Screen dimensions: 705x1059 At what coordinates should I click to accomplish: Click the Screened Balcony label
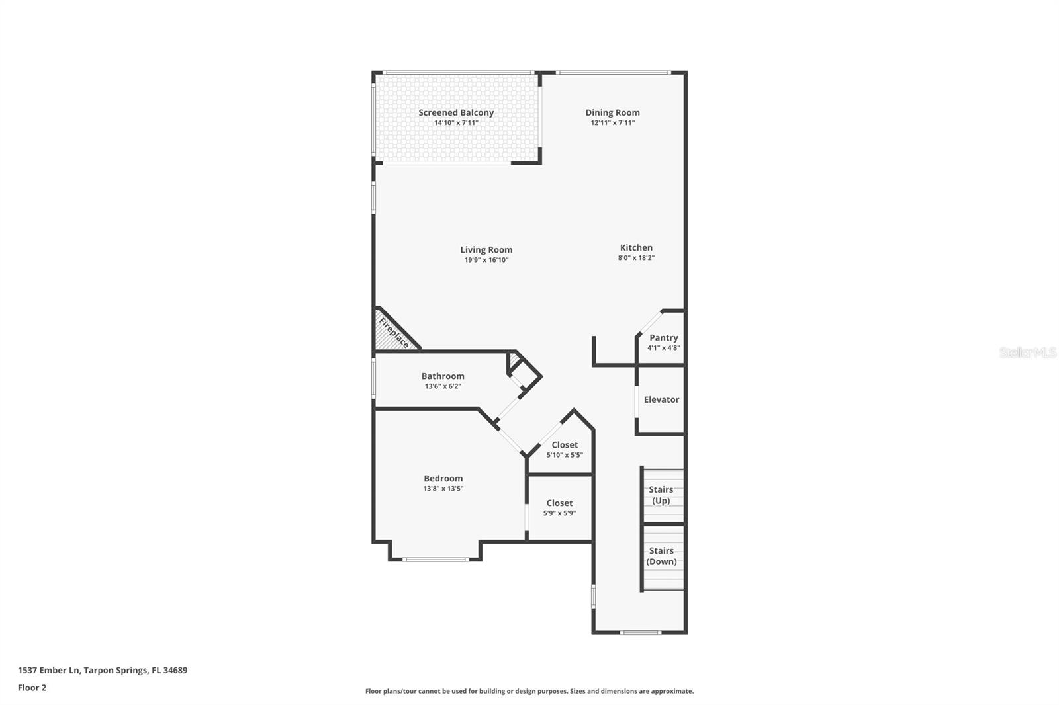[456, 112]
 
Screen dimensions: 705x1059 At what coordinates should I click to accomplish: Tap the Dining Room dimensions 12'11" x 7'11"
[612, 123]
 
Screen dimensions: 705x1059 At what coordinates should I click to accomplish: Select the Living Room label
[486, 249]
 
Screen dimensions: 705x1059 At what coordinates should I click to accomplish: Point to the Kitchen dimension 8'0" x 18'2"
[636, 258]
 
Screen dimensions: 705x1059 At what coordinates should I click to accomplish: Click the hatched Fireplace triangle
[391, 333]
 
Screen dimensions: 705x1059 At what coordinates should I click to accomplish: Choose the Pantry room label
[663, 337]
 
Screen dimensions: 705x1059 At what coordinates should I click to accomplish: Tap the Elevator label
[661, 399]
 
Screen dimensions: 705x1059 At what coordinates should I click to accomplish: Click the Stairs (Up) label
[661, 495]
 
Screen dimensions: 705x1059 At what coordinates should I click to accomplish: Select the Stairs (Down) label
[661, 556]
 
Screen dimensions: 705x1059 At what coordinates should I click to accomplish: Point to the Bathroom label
[443, 376]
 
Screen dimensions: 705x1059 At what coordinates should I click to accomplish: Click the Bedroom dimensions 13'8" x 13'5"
[443, 489]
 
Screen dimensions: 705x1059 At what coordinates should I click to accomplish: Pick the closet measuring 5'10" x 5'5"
[565, 450]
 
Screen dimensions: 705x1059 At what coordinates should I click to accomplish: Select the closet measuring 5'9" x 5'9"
[559, 507]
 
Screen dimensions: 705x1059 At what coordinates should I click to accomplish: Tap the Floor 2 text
[32, 688]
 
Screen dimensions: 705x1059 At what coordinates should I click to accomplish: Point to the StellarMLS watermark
[1027, 352]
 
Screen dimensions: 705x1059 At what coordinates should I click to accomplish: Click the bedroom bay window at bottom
[436, 560]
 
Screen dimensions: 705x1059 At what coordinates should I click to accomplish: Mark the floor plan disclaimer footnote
[529, 691]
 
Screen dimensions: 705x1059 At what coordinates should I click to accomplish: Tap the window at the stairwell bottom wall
[640, 632]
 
